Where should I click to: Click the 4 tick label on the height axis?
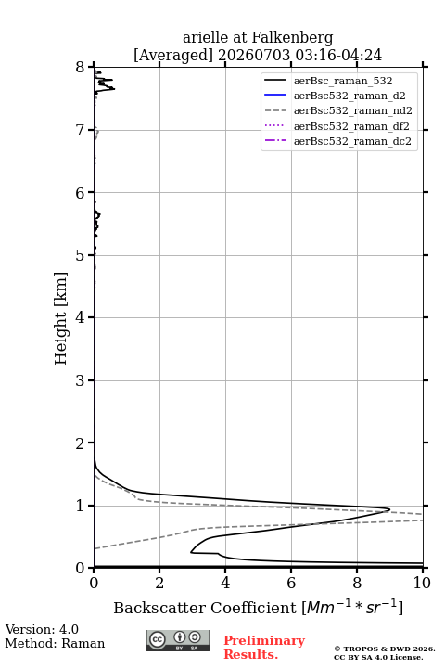click(x=81, y=317)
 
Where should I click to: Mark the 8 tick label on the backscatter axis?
click(x=357, y=583)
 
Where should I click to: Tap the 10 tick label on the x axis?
click(x=422, y=583)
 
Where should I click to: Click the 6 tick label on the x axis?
click(x=291, y=583)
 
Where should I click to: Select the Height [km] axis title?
click(x=60, y=318)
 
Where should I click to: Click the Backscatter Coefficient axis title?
click(x=258, y=608)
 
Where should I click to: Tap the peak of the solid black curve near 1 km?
click(x=389, y=509)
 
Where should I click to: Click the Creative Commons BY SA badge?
click(x=178, y=641)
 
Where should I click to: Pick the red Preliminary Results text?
click(x=264, y=648)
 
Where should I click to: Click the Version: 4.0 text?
click(x=42, y=629)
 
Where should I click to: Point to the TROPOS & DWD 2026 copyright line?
click(x=385, y=649)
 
